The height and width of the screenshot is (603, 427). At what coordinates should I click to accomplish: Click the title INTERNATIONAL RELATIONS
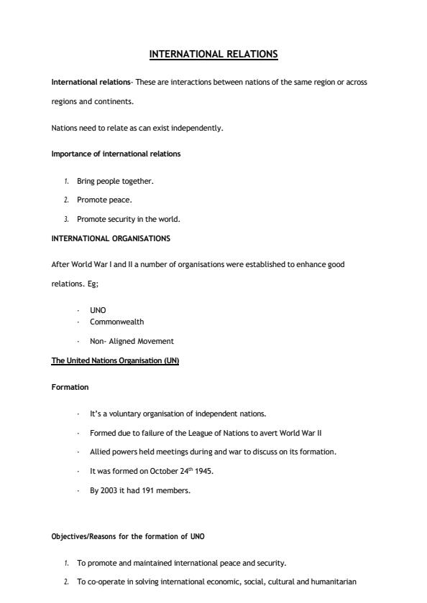(213, 54)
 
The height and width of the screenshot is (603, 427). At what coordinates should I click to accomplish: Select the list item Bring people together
(115, 181)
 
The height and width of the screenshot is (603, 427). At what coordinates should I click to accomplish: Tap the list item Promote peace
(104, 200)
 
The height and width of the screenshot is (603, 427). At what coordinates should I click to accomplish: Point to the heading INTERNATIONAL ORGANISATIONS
(111, 238)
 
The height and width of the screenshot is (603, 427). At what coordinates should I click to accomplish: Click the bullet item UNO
(98, 310)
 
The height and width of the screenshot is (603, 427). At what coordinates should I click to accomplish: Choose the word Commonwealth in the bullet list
(116, 322)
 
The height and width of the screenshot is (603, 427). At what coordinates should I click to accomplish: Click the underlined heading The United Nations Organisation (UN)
(115, 360)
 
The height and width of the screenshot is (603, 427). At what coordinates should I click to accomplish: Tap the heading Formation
(70, 387)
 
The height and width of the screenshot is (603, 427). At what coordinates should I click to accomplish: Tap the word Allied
(100, 452)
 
